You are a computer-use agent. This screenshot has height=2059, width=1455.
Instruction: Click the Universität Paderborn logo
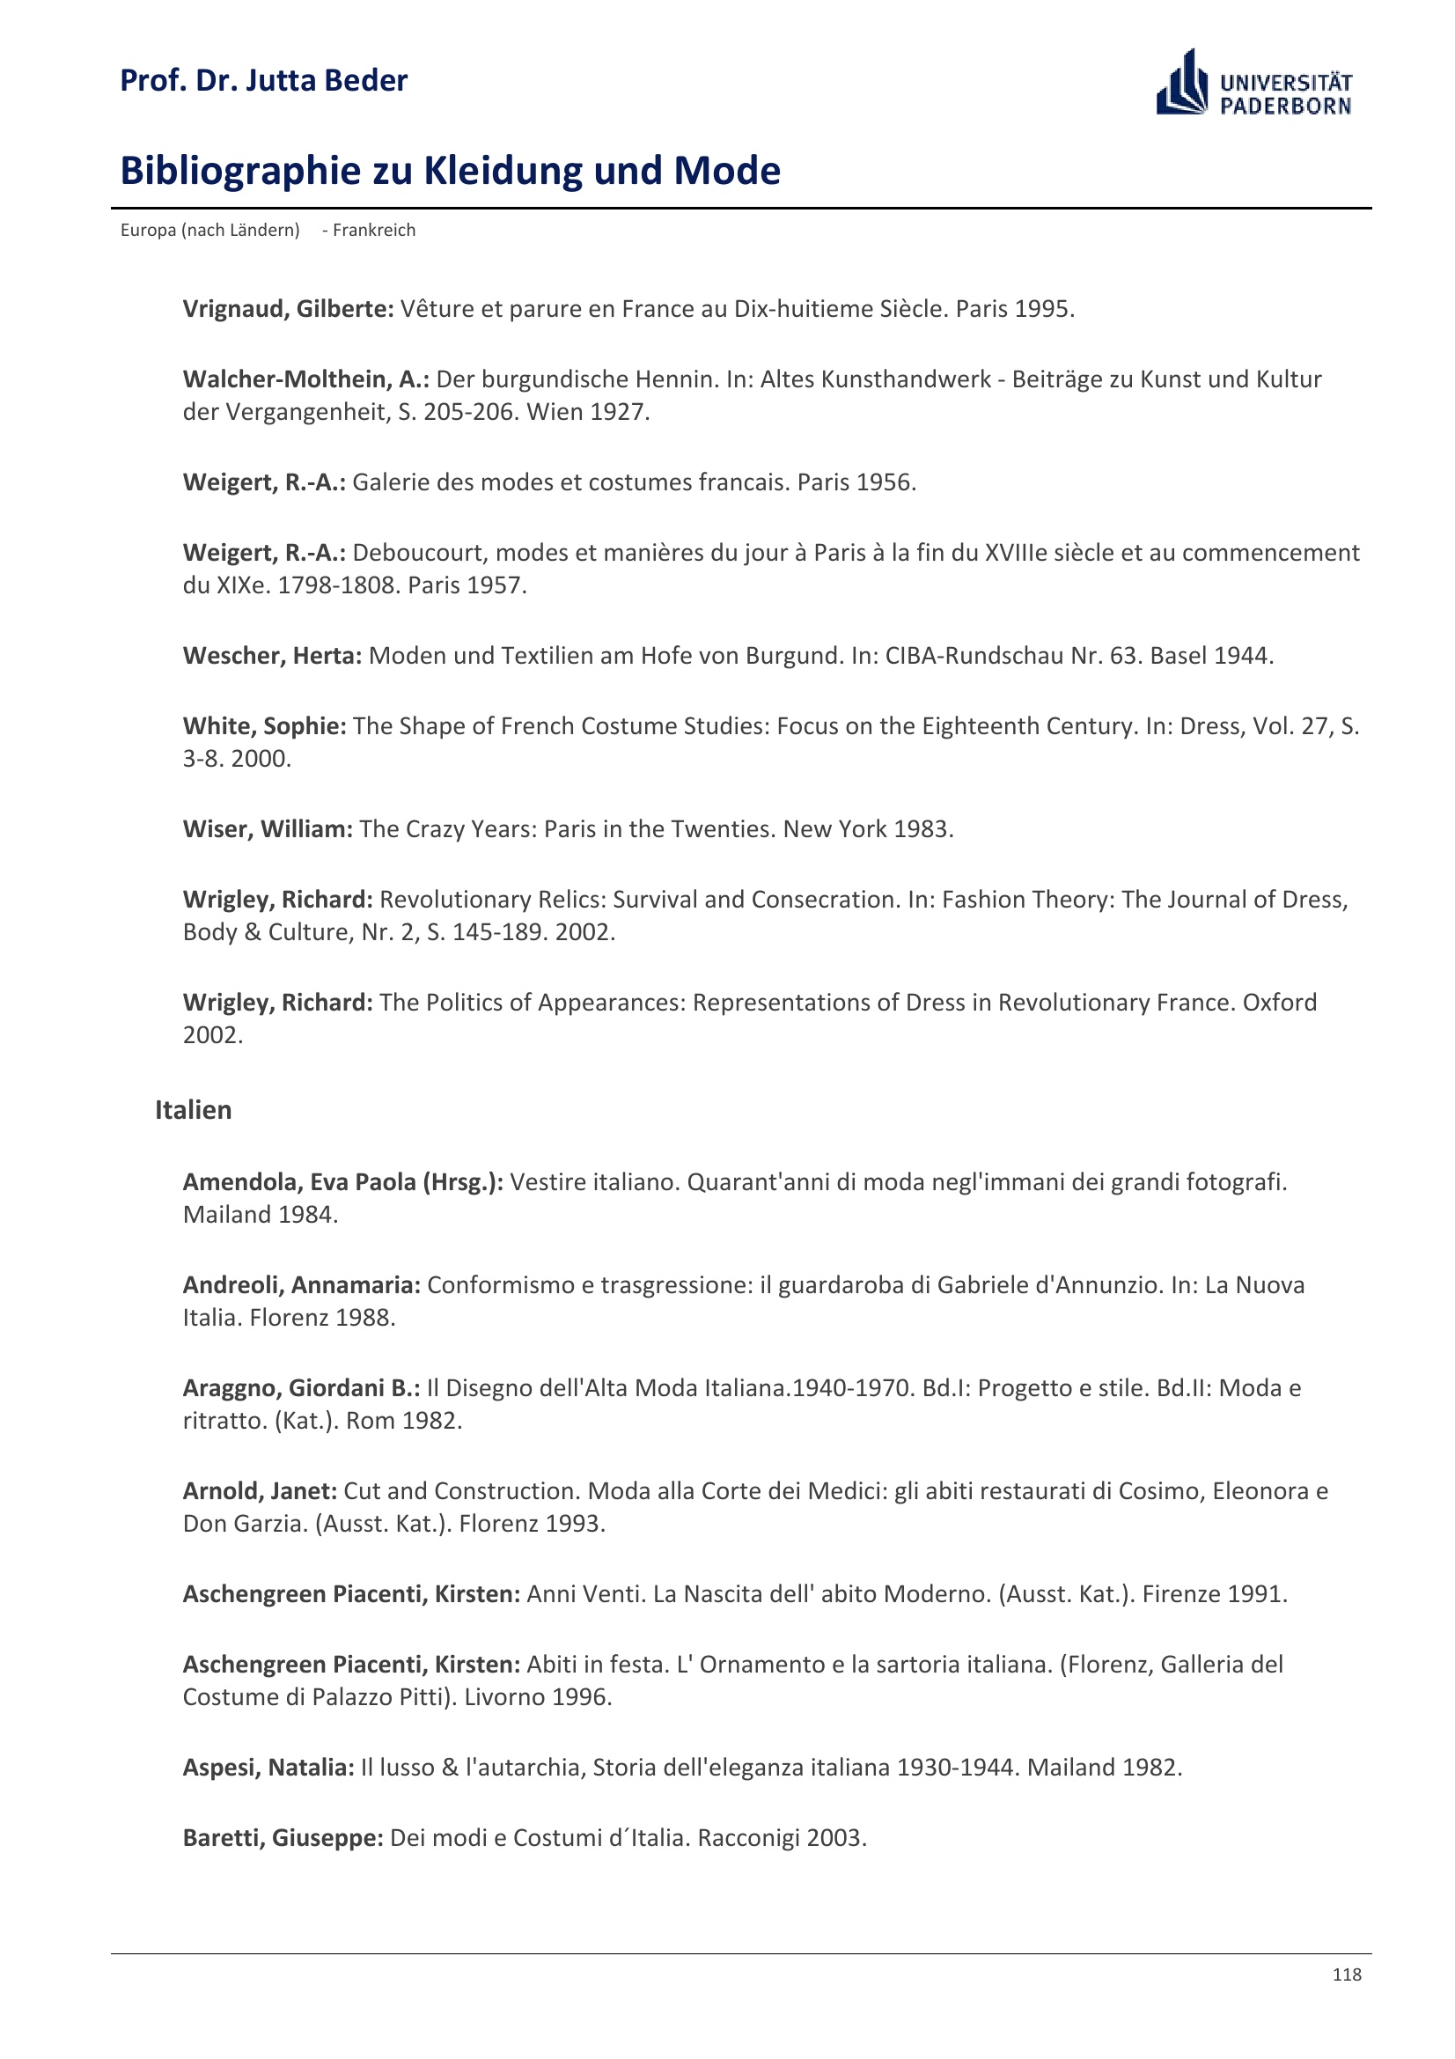1253,84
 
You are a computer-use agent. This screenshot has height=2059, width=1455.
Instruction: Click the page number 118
1347,1974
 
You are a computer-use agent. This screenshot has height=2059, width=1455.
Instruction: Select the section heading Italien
193,1109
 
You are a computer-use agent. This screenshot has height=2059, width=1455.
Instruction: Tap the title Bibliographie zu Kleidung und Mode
450,171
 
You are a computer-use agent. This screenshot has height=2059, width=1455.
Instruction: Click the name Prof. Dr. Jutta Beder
263,81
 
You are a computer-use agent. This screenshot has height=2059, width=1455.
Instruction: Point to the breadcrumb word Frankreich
374,230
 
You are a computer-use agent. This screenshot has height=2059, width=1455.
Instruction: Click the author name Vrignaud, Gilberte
288,308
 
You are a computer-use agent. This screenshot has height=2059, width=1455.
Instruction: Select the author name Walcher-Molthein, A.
305,379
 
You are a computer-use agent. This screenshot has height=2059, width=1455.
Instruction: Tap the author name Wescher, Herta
272,656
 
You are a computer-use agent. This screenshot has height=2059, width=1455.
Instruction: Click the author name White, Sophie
264,725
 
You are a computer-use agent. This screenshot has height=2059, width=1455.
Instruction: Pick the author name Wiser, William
268,828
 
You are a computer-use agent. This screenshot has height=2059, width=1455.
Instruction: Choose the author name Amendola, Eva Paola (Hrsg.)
342,1182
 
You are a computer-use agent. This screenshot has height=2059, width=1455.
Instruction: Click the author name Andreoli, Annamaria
301,1285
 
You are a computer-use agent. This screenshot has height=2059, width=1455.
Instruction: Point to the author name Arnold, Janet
260,1490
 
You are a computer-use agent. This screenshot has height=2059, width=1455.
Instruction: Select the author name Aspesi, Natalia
268,1767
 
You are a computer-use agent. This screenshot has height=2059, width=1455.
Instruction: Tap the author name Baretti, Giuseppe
283,1837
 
